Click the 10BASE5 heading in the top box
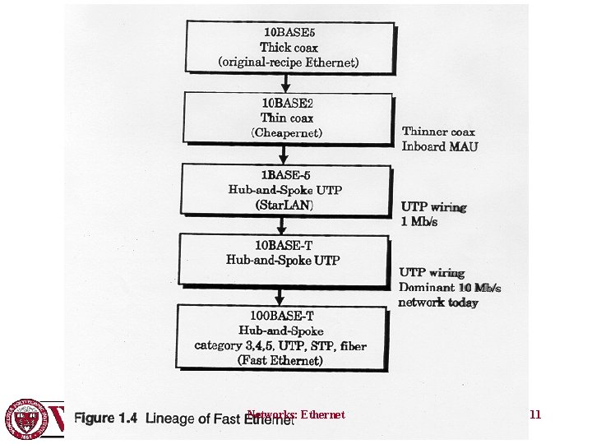pos(288,33)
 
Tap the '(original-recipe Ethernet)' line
pos(288,62)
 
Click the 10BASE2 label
pos(282,104)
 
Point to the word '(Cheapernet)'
pos(286,132)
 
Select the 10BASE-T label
pos(283,246)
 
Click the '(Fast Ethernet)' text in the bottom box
pos(280,360)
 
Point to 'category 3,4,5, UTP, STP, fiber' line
pos(280,346)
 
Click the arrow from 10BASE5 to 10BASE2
pos(286,81)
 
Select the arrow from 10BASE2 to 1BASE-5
pos(283,153)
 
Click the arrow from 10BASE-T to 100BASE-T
pos(280,295)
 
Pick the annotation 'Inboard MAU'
pos(440,146)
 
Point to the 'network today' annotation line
pos(438,302)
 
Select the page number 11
pos(535,415)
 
